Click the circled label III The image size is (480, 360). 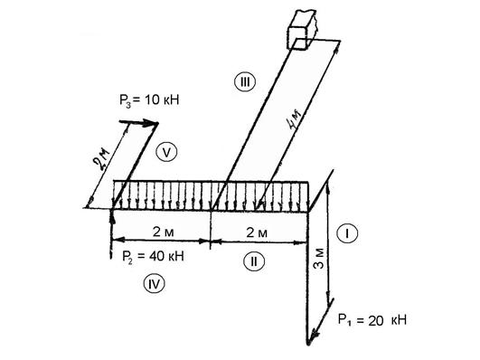pyautogui.click(x=245, y=82)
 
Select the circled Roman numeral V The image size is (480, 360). pyautogui.click(x=166, y=152)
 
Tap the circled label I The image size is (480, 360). pyautogui.click(x=347, y=233)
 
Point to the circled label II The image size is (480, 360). pyautogui.click(x=254, y=261)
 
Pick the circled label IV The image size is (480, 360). pyautogui.click(x=155, y=283)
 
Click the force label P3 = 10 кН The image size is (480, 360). pyautogui.click(x=149, y=100)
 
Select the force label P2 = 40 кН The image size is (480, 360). pyautogui.click(x=153, y=256)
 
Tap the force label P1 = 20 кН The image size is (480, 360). pyautogui.click(x=372, y=320)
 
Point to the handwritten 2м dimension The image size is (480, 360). pyautogui.click(x=101, y=159)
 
